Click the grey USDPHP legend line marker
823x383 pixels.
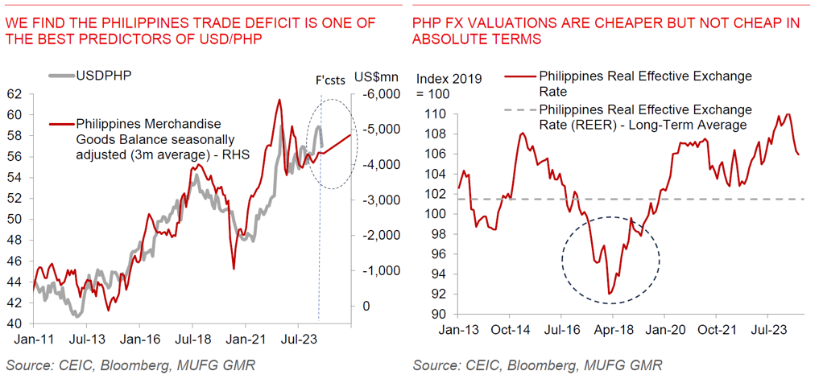60,76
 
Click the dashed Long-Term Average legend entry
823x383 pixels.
644,117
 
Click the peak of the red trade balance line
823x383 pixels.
279,100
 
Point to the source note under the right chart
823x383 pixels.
538,366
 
